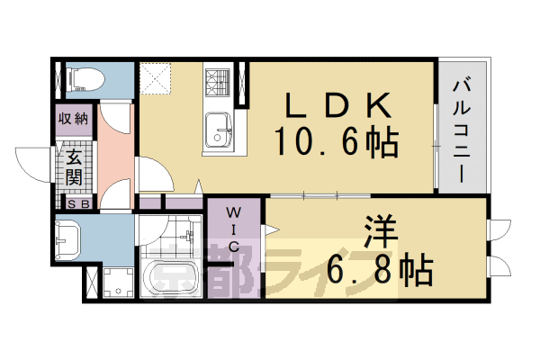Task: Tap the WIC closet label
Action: pos(232,230)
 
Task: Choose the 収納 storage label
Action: pos(73,118)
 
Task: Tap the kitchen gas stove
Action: pos(217,85)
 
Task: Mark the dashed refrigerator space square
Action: pos(158,77)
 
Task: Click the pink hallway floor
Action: pos(116,153)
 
